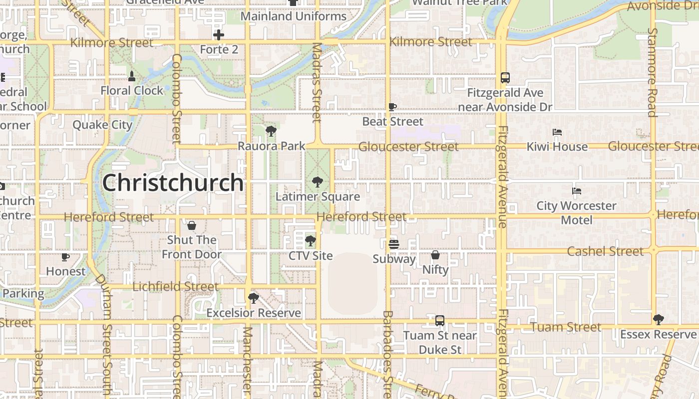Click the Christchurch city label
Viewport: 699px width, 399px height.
click(173, 183)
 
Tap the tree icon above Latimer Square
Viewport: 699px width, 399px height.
click(317, 182)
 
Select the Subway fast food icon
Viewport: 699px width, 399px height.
click(393, 244)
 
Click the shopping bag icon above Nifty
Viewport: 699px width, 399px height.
click(435, 255)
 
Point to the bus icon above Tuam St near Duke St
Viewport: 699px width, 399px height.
click(439, 321)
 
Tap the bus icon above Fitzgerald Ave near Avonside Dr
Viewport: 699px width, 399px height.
click(505, 78)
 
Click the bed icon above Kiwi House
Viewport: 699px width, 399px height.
click(557, 132)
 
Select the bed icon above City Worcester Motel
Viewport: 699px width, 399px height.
click(576, 191)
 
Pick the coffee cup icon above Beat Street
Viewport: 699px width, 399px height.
click(392, 107)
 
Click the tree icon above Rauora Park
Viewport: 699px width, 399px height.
click(271, 132)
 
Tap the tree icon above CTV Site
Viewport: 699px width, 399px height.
click(310, 241)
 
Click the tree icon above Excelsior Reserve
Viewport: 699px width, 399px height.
click(253, 298)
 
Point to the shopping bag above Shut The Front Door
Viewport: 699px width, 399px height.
click(192, 225)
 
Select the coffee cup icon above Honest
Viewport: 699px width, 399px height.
click(65, 257)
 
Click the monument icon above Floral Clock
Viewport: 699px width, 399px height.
click(132, 76)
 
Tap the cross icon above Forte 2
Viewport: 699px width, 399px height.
click(219, 35)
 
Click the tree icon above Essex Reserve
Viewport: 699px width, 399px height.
click(658, 320)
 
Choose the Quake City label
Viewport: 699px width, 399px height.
click(102, 124)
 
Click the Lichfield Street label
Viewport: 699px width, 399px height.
click(175, 287)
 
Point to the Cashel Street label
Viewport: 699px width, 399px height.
click(605, 251)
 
